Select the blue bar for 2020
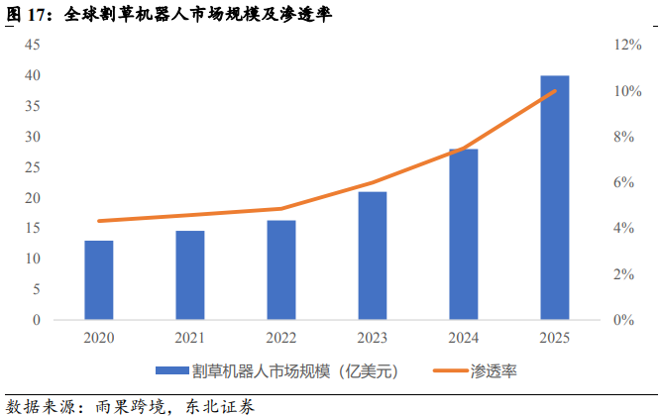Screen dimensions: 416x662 point(98,280)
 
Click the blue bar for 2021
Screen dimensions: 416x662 point(190,275)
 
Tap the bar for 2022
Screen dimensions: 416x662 point(281,270)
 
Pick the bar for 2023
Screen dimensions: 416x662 point(373,256)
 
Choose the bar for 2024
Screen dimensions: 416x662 point(464,234)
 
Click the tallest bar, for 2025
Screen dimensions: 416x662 point(555,197)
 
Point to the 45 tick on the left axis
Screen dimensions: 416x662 point(33,45)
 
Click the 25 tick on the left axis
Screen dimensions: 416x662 point(33,167)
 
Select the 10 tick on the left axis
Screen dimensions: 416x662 point(33,259)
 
